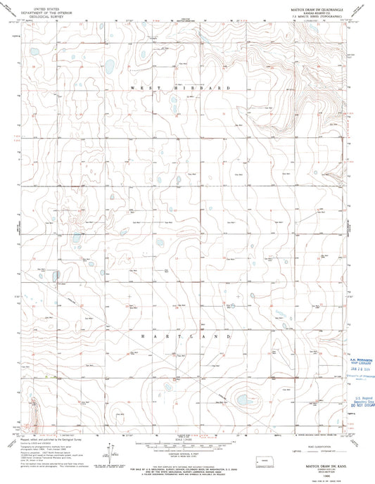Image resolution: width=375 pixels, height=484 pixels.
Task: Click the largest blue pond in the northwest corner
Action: point(110,67)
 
